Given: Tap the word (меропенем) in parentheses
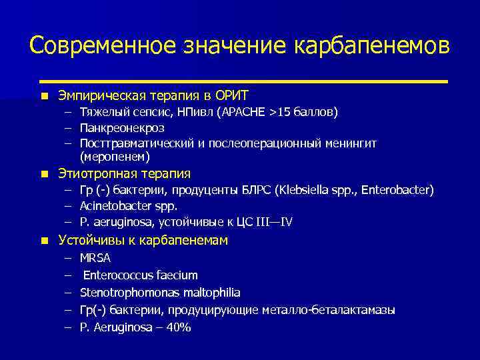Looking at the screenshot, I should pyautogui.click(x=115, y=157).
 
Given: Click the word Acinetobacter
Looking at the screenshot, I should pyautogui.click(x=117, y=207).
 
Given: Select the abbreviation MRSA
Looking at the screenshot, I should pyautogui.click(x=95, y=257).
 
